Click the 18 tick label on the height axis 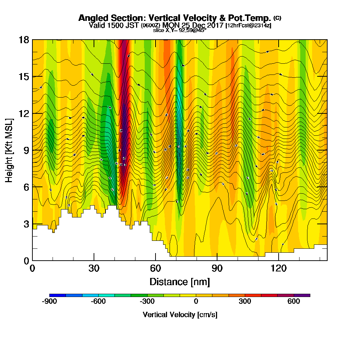(24, 40)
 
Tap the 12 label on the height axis (24, 113)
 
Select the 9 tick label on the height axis (26, 150)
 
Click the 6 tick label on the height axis (26, 187)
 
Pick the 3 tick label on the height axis (26, 224)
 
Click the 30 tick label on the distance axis (94, 268)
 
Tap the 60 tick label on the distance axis (155, 268)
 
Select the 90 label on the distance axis (217, 268)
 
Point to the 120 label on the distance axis (279, 268)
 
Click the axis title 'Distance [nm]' (180, 281)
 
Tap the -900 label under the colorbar (49, 302)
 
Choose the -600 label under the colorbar (98, 302)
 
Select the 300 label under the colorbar (245, 302)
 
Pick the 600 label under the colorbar (294, 302)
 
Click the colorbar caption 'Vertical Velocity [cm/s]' (180, 315)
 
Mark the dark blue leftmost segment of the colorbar (58, 295)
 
